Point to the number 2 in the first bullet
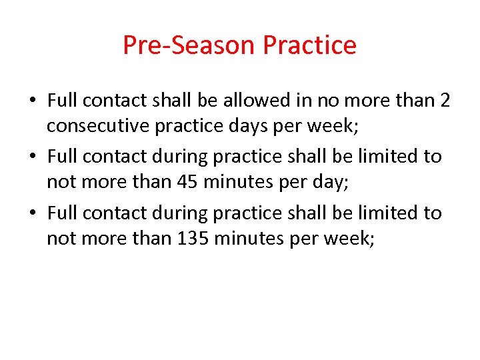coord(445,101)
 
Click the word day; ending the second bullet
coord(329,182)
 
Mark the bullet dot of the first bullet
coord(32,101)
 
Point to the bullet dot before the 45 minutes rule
coord(32,157)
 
